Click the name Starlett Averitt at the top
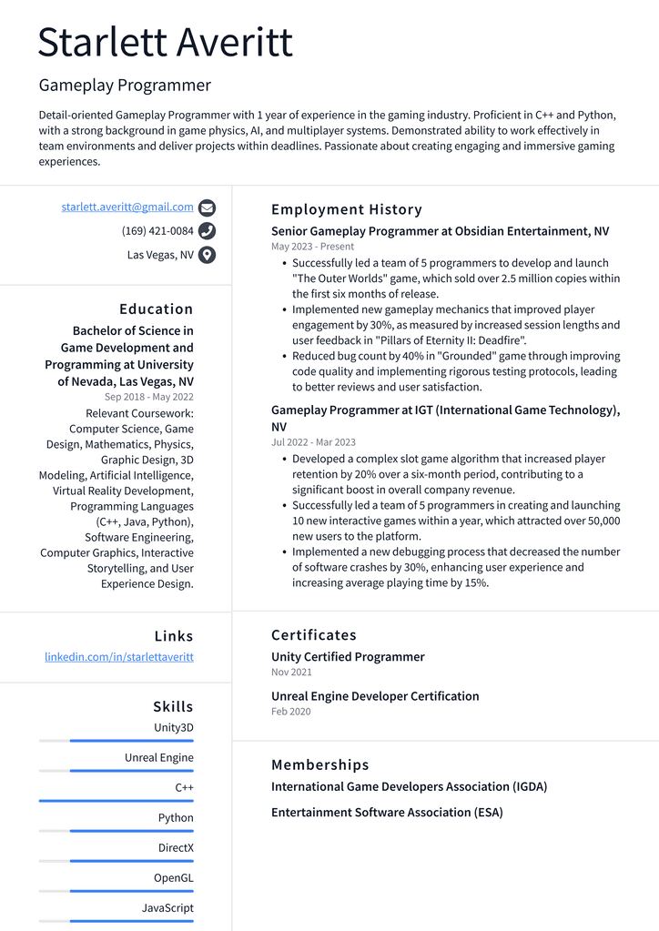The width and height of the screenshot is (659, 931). tap(166, 43)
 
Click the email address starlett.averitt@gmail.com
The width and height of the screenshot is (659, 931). tap(127, 207)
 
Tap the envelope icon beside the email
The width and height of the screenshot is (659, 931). tap(207, 207)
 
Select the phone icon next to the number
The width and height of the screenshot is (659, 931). tap(207, 231)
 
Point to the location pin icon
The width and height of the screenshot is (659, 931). tap(207, 255)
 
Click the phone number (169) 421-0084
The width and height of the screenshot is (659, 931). tap(157, 231)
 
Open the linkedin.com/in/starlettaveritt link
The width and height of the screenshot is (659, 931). tap(119, 656)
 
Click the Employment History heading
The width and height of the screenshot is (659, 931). tap(347, 209)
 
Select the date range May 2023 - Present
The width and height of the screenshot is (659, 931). tap(312, 247)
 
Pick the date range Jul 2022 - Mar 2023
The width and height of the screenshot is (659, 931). tap(313, 442)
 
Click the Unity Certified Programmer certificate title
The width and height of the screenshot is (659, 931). tap(348, 656)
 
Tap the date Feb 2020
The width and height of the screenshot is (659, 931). tap(290, 711)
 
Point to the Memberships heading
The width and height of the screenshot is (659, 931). tap(320, 764)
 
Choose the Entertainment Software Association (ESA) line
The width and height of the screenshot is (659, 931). tap(387, 812)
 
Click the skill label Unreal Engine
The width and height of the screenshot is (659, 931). tap(159, 757)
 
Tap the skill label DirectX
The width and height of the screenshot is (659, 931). tap(176, 847)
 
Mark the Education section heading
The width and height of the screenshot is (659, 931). tap(157, 309)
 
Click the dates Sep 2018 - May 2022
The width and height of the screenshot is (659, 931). tap(148, 397)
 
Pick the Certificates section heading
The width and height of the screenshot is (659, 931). tap(314, 634)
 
